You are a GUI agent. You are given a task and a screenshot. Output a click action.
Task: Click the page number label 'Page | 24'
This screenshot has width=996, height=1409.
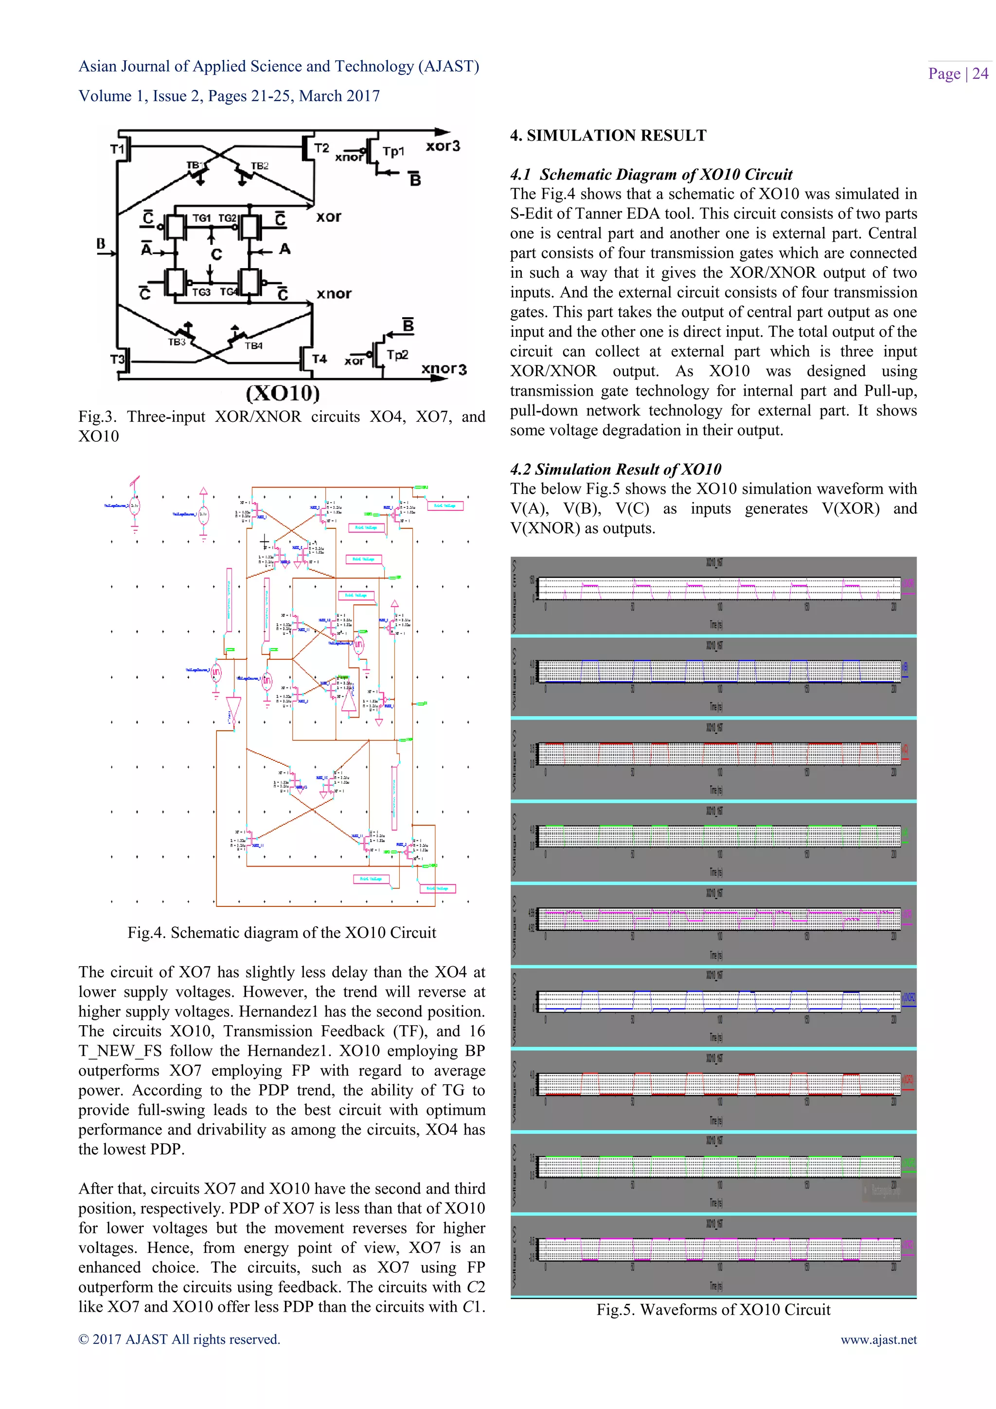click(958, 73)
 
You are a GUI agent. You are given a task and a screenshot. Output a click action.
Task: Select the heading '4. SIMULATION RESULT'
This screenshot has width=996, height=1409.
click(608, 136)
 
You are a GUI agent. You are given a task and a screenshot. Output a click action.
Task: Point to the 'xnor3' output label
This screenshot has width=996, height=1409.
click(444, 369)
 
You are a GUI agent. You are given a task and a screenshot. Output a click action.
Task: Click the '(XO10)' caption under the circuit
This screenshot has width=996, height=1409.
click(283, 393)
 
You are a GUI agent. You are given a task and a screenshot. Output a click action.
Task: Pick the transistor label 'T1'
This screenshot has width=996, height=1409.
click(117, 149)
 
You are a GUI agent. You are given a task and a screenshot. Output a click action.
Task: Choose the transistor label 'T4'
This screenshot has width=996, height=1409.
click(319, 359)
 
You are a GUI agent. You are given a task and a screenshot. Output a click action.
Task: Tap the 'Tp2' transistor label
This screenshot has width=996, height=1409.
click(397, 355)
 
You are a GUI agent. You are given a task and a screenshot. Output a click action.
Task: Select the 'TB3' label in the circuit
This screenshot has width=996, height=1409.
click(177, 342)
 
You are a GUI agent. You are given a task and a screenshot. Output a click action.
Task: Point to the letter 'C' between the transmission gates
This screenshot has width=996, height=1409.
click(216, 254)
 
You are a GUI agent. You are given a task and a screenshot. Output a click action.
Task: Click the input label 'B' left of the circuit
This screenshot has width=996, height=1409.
click(101, 244)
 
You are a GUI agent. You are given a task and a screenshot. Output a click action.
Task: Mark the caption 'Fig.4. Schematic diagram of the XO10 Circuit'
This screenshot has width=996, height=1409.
click(282, 933)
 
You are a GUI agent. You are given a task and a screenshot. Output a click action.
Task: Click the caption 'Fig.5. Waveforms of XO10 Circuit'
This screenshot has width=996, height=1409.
click(713, 1310)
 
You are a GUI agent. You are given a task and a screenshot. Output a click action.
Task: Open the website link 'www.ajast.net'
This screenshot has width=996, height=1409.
click(878, 1339)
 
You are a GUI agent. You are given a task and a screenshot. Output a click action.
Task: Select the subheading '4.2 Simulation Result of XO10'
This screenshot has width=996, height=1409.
click(615, 470)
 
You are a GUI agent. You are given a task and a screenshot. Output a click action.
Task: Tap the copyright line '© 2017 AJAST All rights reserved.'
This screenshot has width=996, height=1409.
click(179, 1339)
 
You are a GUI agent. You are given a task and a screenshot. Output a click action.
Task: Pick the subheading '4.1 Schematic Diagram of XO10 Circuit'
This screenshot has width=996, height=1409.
click(651, 174)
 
